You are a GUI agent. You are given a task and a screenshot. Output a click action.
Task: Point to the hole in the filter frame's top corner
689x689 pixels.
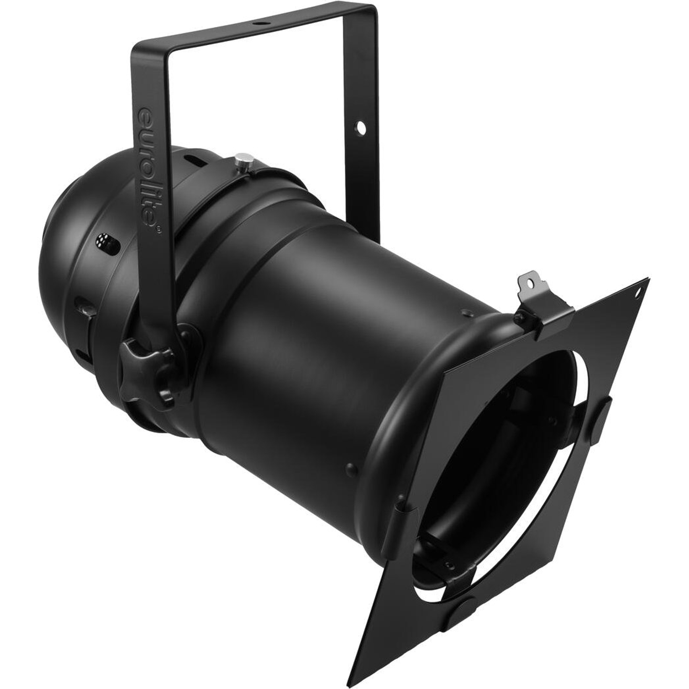pos(637,294)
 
